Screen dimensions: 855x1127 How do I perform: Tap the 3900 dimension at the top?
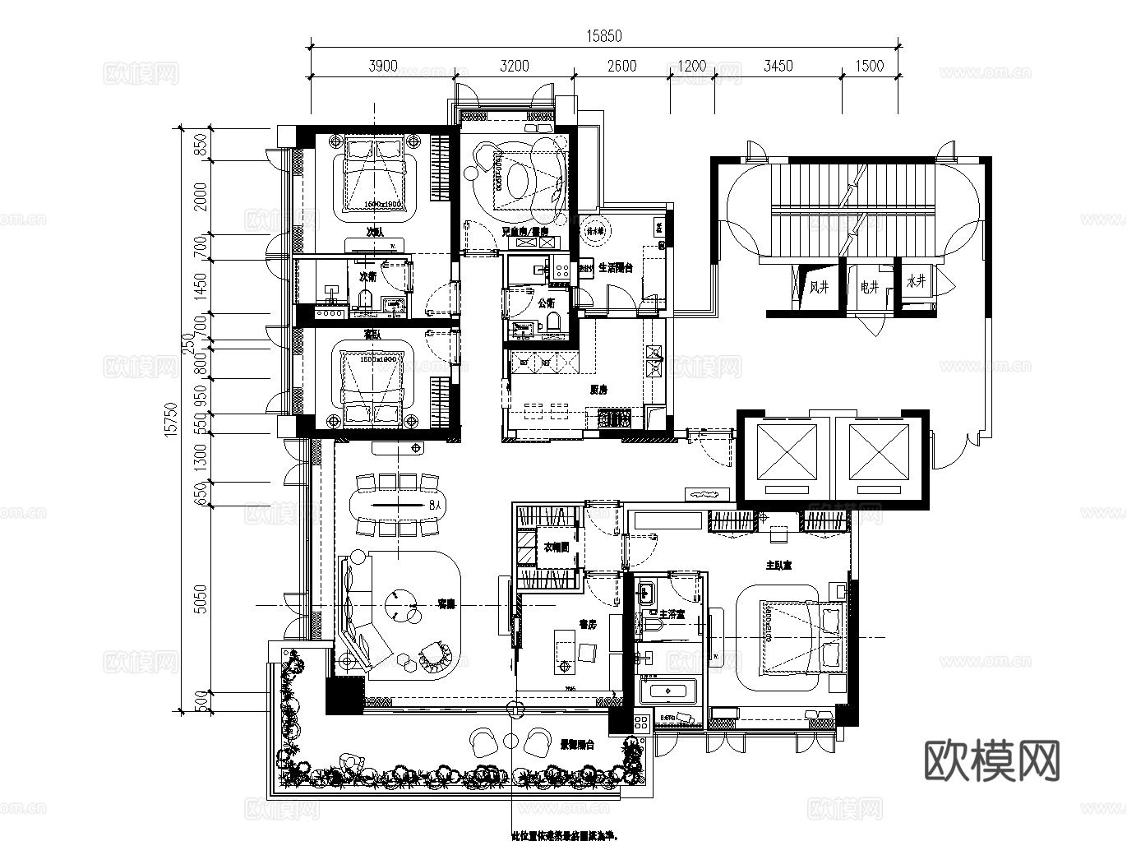click(383, 66)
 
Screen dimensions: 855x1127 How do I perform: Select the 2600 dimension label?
click(621, 66)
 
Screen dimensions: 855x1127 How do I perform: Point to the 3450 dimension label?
click(778, 66)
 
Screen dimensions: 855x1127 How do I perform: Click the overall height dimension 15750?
click(171, 422)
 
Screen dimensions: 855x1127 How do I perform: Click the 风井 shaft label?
click(820, 287)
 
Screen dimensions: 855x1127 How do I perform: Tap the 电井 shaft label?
click(870, 287)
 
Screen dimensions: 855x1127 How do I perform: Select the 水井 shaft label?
click(916, 281)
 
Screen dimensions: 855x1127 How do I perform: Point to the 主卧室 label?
click(778, 566)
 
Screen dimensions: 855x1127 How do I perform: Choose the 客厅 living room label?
click(446, 604)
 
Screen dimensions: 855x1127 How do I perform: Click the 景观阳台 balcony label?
click(577, 745)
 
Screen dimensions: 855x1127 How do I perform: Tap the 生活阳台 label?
click(615, 268)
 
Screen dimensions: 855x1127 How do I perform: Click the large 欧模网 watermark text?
click(992, 760)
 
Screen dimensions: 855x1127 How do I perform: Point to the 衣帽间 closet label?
click(557, 547)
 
